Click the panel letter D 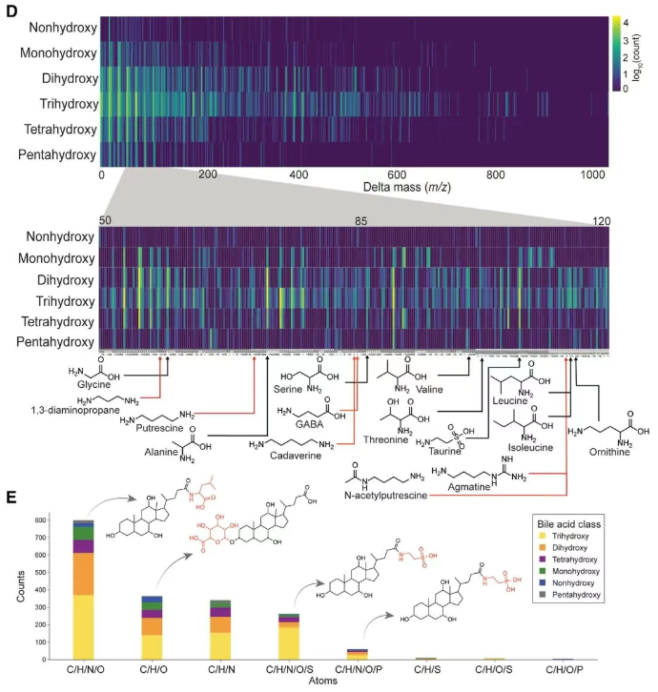tap(12, 11)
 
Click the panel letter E tap(12, 499)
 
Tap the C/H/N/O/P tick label tap(357, 670)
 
